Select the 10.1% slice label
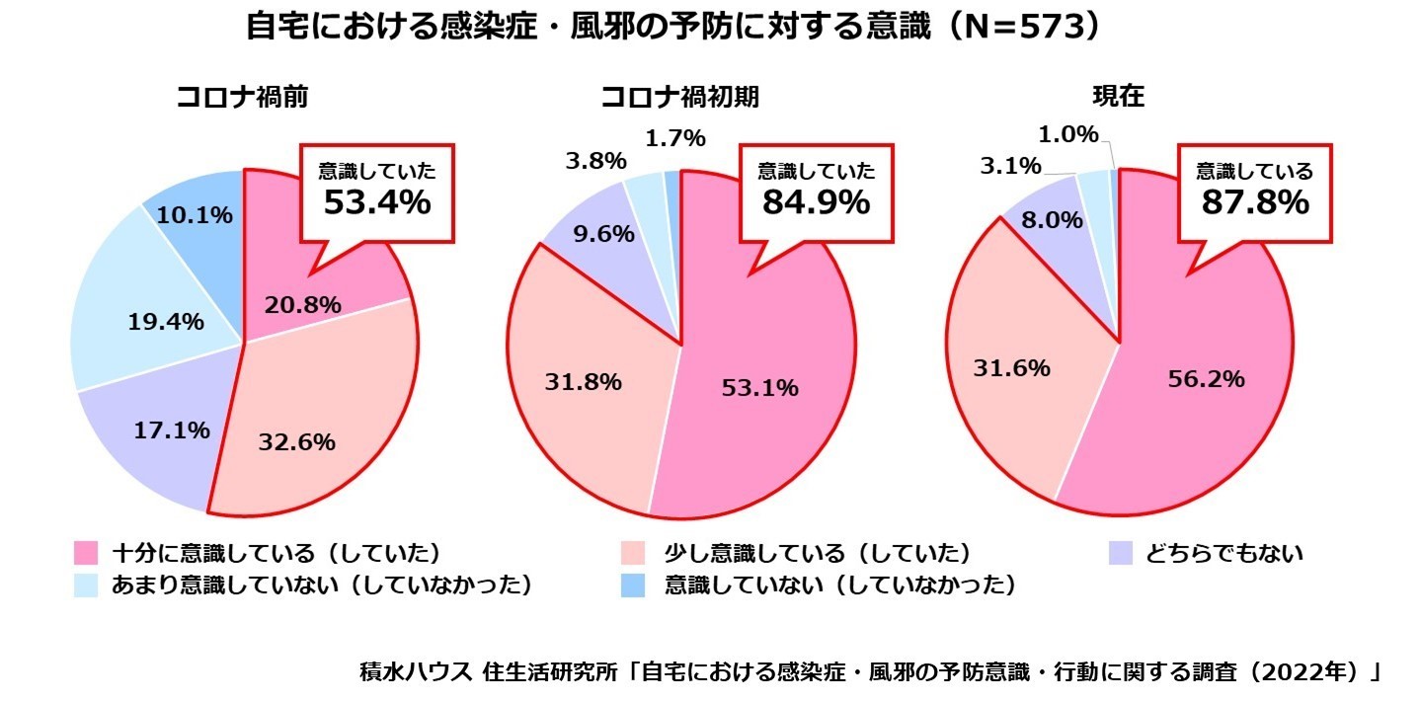[195, 214]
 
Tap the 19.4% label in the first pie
[166, 321]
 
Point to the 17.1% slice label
[171, 429]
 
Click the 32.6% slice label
[296, 442]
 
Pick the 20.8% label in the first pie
[302, 305]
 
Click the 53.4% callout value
[377, 202]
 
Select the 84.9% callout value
[816, 202]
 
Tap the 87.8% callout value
[1255, 202]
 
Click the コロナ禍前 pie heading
[242, 97]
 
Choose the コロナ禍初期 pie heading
[680, 97]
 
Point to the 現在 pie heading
[1118, 97]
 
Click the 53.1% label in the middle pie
[758, 388]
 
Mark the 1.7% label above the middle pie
[674, 138]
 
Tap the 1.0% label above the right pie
[1067, 133]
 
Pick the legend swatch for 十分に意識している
[86, 553]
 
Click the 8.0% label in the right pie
[1052, 221]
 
